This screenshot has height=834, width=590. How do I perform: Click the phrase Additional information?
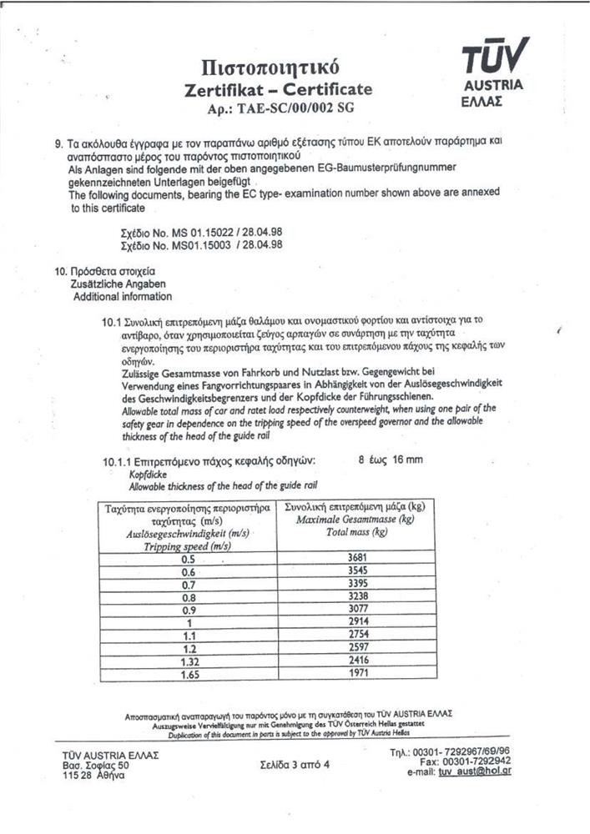click(123, 296)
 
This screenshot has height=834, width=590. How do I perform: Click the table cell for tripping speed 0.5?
click(188, 558)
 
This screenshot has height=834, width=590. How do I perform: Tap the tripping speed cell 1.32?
click(188, 661)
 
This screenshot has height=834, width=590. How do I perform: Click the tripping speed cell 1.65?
click(188, 675)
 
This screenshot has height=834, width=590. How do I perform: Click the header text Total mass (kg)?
click(355, 532)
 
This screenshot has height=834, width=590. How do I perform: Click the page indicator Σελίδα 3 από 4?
click(295, 764)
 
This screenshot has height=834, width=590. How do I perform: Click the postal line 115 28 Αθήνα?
click(94, 776)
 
